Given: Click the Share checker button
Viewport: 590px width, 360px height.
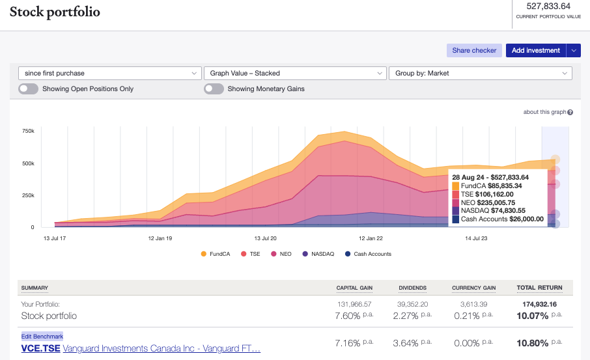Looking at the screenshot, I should [x=474, y=50].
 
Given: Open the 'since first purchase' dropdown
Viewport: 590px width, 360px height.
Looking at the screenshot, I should [x=109, y=74].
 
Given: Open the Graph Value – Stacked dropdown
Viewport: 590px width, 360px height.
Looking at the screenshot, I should [x=294, y=74].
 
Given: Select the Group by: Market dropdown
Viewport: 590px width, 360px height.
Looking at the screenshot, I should [x=479, y=74].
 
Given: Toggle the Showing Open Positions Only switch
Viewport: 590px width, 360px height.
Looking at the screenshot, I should [x=28, y=89].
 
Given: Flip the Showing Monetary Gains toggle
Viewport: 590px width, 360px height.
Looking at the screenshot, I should [x=214, y=89].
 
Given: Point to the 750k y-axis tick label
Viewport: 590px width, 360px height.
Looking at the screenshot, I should [x=28, y=131].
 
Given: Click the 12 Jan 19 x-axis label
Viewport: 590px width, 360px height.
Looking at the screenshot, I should [x=160, y=238].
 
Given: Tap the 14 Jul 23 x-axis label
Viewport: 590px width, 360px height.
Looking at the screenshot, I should [x=476, y=238].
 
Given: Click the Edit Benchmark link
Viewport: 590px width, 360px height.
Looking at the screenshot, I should [x=42, y=336].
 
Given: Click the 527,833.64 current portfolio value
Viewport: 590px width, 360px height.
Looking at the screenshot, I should [x=548, y=7].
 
